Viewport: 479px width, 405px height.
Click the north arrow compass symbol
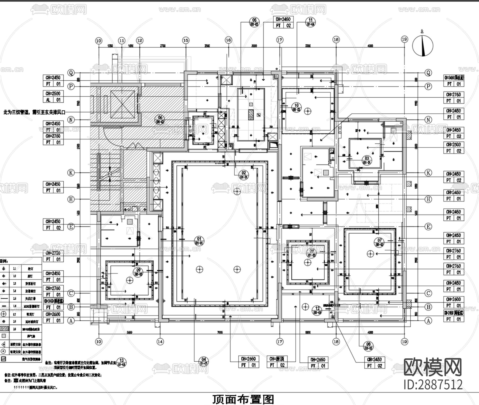[x=423, y=46]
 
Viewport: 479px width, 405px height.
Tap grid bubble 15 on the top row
[x=185, y=40]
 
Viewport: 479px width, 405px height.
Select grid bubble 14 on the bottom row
[x=160, y=341]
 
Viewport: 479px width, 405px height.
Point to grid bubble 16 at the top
[x=228, y=40]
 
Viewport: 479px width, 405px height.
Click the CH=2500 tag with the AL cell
[x=53, y=97]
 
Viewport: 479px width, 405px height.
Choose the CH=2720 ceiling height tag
[x=53, y=256]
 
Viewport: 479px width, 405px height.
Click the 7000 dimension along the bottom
[x=220, y=332]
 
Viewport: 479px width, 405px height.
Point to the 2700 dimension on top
[x=163, y=46]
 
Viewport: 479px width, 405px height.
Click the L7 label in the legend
[x=15, y=315]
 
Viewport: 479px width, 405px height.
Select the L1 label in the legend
[x=15, y=269]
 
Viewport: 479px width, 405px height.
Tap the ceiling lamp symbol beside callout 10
[x=308, y=111]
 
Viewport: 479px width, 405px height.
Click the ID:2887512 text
[x=433, y=385]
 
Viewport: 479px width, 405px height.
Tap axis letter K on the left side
[x=71, y=173]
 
